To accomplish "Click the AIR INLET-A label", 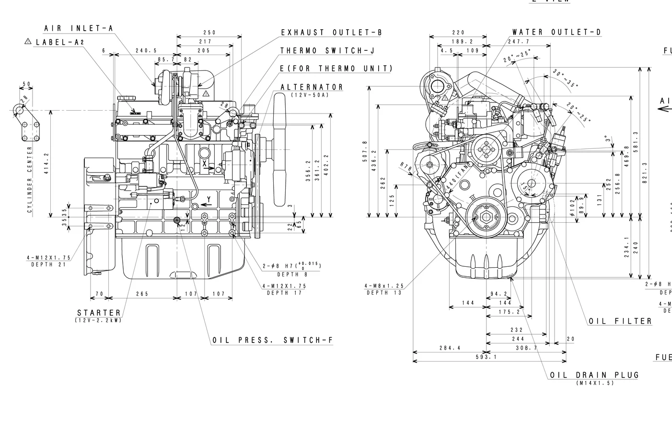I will click(x=79, y=29).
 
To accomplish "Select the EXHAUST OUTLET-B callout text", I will click(x=331, y=33).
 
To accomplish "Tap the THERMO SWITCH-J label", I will click(x=327, y=51).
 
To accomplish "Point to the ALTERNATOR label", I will click(x=312, y=87).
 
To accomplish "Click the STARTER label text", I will click(x=99, y=313).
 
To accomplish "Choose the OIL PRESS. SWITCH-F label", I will click(x=272, y=340).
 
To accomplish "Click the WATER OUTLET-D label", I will click(x=556, y=33).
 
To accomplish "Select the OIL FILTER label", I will click(x=620, y=321).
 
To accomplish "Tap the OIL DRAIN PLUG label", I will click(x=594, y=375).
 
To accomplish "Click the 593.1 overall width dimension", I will click(x=486, y=357).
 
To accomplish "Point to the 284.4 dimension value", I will click(x=450, y=348).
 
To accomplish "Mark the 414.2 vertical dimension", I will click(x=46, y=164).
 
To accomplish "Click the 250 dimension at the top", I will click(x=209, y=33).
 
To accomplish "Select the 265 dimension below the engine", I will click(x=142, y=294).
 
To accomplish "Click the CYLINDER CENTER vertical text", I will click(x=30, y=180).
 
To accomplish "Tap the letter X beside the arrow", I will click(x=205, y=164).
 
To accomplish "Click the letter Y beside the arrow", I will click(x=209, y=199).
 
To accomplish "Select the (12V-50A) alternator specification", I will click(x=310, y=95).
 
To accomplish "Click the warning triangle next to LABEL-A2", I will click(x=28, y=42).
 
